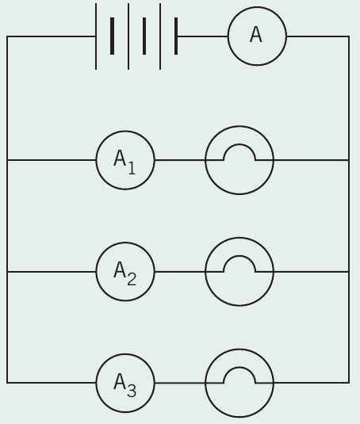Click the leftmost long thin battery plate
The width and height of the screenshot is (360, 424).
coord(96,36)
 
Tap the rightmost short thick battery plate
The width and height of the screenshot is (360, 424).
coord(176,36)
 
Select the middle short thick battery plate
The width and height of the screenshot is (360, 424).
coord(144,36)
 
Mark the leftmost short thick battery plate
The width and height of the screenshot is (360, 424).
coord(112,36)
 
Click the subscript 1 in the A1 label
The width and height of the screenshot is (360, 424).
coord(132,168)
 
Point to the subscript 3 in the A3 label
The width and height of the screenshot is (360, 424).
coord(132,391)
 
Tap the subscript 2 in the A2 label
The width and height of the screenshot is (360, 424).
coord(132,279)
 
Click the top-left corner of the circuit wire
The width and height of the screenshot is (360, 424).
coord(7,36)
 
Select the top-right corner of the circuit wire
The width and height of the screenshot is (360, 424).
coord(349,36)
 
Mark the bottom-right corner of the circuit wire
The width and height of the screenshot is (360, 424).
coord(349,383)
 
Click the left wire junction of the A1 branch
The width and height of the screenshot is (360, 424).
coord(7,160)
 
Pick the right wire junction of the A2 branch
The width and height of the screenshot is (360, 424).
coord(349,272)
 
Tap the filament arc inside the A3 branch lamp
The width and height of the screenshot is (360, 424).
coord(239,368)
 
